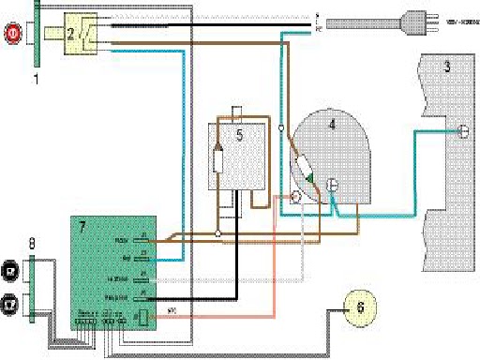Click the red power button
coord(12,35)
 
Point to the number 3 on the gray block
coord(447,67)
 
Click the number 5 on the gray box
coord(238,135)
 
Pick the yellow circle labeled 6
coord(359,306)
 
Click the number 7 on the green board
coord(82,228)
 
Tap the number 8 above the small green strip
coord(32,244)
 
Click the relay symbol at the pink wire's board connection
coord(142,316)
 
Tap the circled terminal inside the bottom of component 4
coord(330,185)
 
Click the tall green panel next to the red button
coord(37,37)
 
